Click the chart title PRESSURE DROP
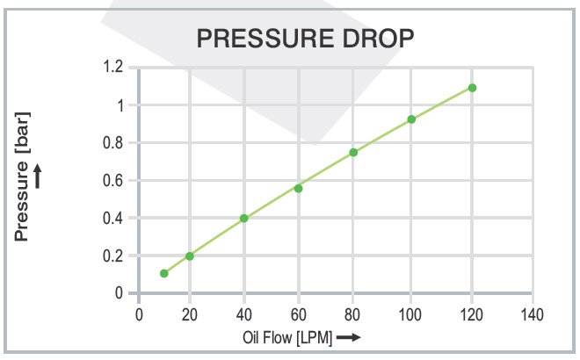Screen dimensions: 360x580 304,39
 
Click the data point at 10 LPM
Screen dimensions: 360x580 163,273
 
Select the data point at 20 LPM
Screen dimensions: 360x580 189,256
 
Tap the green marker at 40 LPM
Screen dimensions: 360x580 243,218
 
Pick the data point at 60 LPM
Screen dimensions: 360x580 298,188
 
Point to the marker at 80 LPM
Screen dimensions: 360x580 353,152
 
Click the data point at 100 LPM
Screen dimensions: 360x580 411,119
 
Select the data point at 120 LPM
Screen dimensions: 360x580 472,88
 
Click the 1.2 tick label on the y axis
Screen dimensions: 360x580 114,67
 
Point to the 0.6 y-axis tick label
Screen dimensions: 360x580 114,180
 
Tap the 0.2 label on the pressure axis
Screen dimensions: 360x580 114,256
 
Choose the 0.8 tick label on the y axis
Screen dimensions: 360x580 114,142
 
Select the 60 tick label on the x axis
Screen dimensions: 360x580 299,313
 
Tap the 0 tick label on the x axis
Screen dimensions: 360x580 138,313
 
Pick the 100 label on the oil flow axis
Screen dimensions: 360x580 410,313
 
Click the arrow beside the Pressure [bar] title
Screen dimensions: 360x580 38,177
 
